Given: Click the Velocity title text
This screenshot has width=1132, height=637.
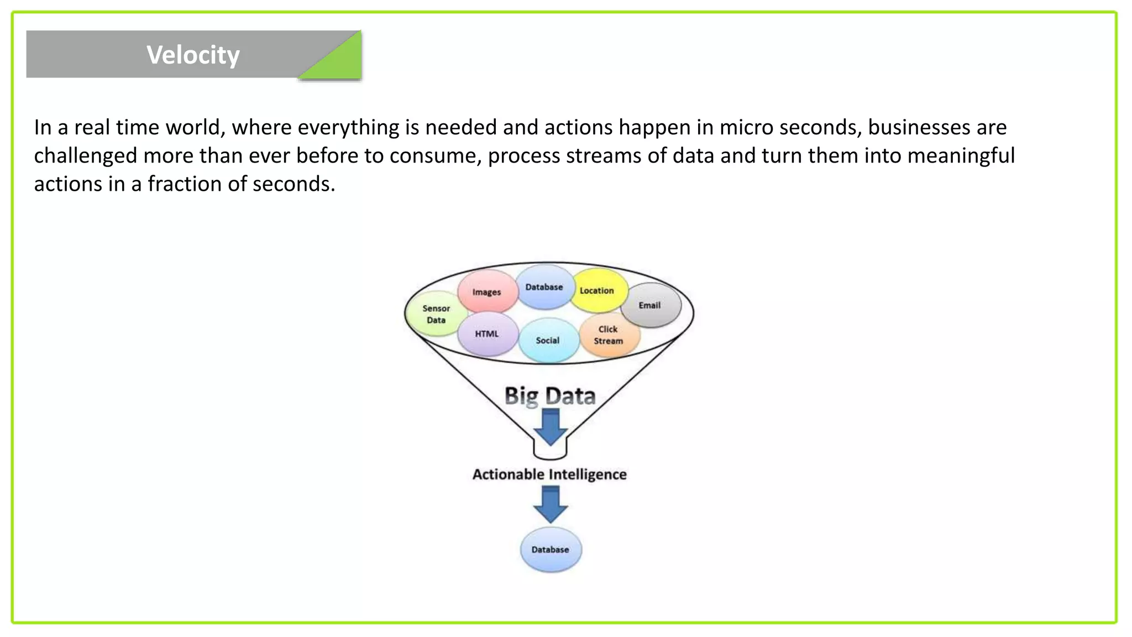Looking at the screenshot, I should (x=193, y=55).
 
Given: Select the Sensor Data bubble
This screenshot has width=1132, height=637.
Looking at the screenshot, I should (x=436, y=314).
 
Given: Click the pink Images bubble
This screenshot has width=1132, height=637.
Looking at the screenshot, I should (x=486, y=291).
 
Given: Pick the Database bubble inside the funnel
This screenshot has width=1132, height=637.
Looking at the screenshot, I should (x=544, y=287).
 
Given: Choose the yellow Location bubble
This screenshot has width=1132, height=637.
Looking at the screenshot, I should (x=597, y=290).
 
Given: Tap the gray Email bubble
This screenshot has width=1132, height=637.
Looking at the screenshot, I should (x=650, y=305).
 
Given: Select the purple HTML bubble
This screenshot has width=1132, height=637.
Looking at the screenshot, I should (x=486, y=334).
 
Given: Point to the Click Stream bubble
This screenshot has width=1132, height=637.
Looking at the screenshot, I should (x=609, y=335).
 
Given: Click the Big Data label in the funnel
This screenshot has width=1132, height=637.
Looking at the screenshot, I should (x=549, y=396).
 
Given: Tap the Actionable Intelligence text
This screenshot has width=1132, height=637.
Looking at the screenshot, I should (x=549, y=474).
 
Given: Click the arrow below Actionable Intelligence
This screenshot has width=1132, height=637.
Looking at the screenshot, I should (x=551, y=504).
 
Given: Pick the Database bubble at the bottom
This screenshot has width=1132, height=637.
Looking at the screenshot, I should (x=551, y=550).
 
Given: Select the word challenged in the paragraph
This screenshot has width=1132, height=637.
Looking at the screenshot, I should (x=85, y=156).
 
